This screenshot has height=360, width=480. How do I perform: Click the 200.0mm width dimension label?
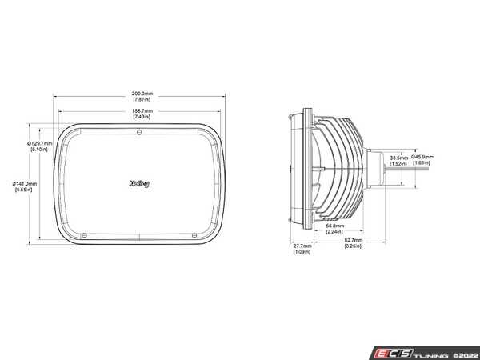coord(143,93)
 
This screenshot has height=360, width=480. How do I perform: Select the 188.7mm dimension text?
coord(143,110)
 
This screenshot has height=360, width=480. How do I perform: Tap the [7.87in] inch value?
coord(143,99)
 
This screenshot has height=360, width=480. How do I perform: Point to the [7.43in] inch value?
coord(143,117)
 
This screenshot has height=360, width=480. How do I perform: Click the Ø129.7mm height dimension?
coord(40,143)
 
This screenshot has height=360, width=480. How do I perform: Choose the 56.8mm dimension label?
coord(336,226)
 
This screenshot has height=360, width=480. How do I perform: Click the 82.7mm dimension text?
coord(354,240)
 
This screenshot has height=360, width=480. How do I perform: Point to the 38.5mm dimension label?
coord(398,158)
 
